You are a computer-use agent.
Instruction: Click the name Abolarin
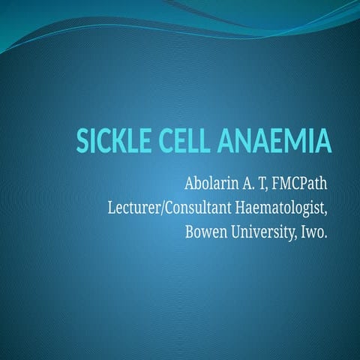pos(212,182)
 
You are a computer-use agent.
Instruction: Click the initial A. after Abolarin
pos(247,182)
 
